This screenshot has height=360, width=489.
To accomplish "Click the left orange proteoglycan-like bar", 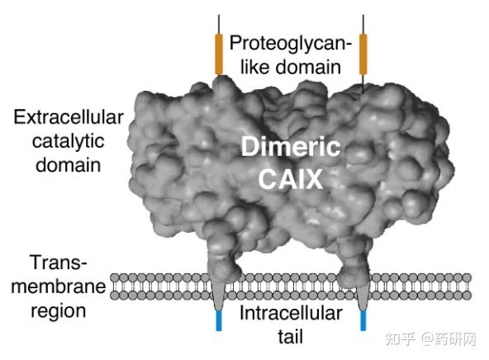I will click(x=219, y=54).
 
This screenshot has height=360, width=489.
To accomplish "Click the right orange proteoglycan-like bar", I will click(x=363, y=54).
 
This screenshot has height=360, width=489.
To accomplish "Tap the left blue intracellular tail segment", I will click(x=219, y=320).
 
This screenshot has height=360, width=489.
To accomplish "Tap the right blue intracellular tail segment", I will click(x=363, y=320).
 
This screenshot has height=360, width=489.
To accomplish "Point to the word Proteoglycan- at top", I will click(x=291, y=42).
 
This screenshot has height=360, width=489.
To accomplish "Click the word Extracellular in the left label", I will click(x=68, y=117).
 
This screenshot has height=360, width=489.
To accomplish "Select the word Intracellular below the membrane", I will click(x=291, y=313).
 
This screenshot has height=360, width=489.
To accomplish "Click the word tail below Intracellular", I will click(x=291, y=337).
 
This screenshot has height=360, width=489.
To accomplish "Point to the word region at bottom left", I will click(x=57, y=311).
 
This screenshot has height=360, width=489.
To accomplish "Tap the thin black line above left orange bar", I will click(x=219, y=24).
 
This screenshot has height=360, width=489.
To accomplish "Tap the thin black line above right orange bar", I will click(x=363, y=24).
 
